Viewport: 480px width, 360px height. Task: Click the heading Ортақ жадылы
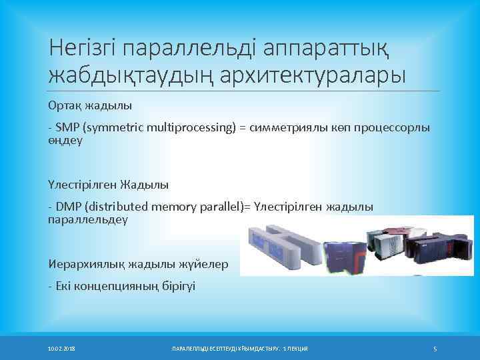pyautogui.click(x=89, y=105)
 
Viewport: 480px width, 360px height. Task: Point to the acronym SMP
pyautogui.click(x=67, y=127)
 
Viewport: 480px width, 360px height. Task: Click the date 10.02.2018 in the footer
pyautogui.click(x=61, y=349)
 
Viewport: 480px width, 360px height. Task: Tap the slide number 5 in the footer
pyautogui.click(x=435, y=349)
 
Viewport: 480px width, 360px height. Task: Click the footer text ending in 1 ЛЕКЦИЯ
pyautogui.click(x=241, y=349)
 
